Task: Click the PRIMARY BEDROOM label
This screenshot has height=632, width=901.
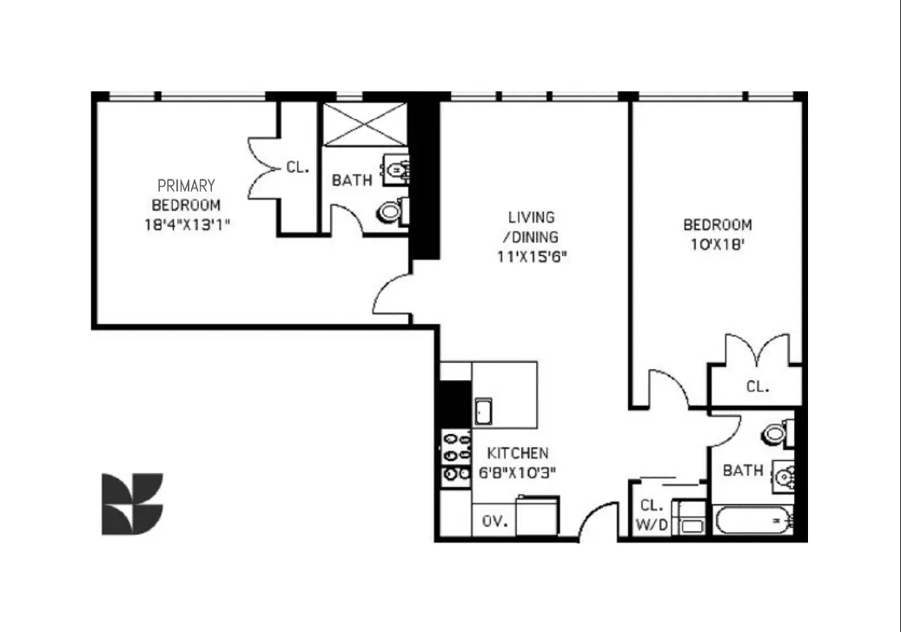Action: pos(186,195)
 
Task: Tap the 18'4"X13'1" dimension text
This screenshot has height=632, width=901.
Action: pos(187,224)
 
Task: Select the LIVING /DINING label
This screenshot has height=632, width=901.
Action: pos(532,227)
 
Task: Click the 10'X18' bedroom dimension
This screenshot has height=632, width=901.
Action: pos(718,245)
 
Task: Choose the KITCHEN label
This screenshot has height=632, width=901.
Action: pos(518,453)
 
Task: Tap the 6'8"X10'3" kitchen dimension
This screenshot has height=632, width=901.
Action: pos(517,473)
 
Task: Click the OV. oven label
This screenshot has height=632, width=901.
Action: pos(494,522)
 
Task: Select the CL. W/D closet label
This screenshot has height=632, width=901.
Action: pos(653,515)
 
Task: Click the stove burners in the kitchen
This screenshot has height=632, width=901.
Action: pos(456,457)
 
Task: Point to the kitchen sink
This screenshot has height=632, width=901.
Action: pos(483,411)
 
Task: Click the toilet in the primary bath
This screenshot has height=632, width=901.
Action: pos(392,212)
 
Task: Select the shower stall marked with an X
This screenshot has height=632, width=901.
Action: pos(364,124)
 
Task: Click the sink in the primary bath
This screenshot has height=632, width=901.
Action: pos(396,170)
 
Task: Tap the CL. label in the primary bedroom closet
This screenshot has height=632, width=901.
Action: pos(298,168)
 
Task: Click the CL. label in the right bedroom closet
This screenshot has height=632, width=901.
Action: pos(758,387)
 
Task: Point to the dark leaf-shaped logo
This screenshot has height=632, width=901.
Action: pos(132,504)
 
